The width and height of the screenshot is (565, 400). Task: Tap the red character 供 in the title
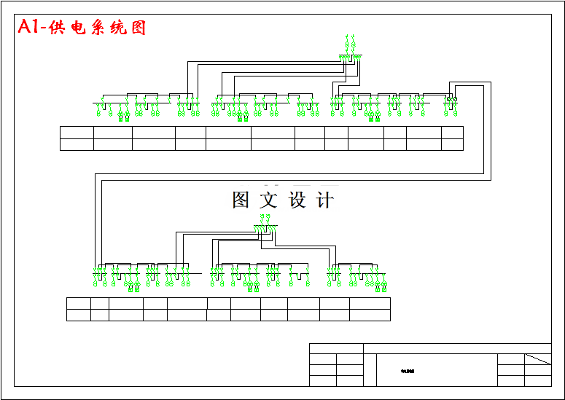click(58, 28)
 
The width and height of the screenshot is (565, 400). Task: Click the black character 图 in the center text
click(241, 200)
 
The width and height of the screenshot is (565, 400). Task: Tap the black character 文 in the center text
click(269, 200)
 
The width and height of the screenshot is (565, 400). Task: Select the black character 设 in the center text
click(297, 200)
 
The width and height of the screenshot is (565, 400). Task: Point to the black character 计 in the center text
click(325, 200)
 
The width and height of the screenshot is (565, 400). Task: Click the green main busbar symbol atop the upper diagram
click(350, 56)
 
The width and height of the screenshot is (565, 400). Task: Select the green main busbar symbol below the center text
click(266, 227)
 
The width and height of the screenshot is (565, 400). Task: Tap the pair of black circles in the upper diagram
click(451, 98)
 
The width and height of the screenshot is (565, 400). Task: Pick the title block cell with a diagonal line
click(538, 359)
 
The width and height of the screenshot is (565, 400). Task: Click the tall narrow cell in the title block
click(370, 370)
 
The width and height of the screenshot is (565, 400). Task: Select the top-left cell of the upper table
click(77, 132)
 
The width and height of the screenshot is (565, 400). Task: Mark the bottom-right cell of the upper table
click(452, 144)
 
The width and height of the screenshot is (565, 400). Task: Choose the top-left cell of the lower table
click(78, 303)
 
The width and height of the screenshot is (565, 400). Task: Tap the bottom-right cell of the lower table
click(370, 315)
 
